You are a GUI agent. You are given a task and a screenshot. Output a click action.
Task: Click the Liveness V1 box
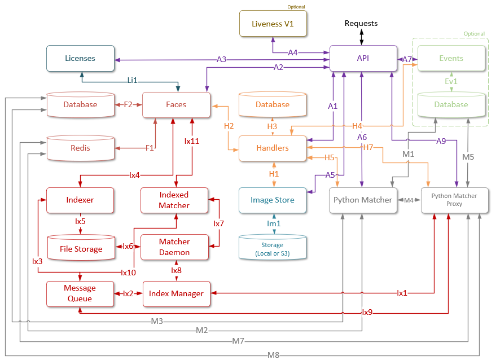coord(273,24)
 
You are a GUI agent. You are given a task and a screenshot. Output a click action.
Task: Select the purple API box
coord(362,59)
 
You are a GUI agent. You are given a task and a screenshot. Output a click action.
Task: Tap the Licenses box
coord(80,58)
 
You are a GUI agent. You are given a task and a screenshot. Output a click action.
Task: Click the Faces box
coord(176,104)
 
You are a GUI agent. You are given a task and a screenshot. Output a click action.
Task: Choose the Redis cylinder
coord(81,148)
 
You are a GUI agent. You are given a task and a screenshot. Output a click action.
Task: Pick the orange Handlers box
coord(273,148)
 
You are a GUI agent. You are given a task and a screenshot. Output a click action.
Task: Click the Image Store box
coord(273,200)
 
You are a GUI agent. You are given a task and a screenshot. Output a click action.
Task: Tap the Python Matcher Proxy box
coord(454,200)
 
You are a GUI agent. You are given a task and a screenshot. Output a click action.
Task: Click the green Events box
coord(451,58)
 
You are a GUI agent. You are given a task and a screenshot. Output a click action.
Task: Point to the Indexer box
coord(80,200)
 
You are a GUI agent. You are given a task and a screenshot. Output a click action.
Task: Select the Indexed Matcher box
coord(174,200)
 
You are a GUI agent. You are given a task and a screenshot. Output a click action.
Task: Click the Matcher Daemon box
coord(174,247)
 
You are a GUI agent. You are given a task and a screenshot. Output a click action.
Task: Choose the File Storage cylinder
coord(81,248)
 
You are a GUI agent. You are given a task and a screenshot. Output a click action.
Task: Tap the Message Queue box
coord(80,293)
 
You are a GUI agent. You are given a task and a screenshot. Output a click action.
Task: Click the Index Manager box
coord(176,293)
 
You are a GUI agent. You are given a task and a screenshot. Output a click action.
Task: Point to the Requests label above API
coord(361,24)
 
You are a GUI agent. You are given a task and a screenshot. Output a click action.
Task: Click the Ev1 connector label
coord(451,81)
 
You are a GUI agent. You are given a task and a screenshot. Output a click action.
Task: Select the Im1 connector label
coord(273,224)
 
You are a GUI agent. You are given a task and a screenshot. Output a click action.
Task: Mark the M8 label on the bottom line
coord(274,355)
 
